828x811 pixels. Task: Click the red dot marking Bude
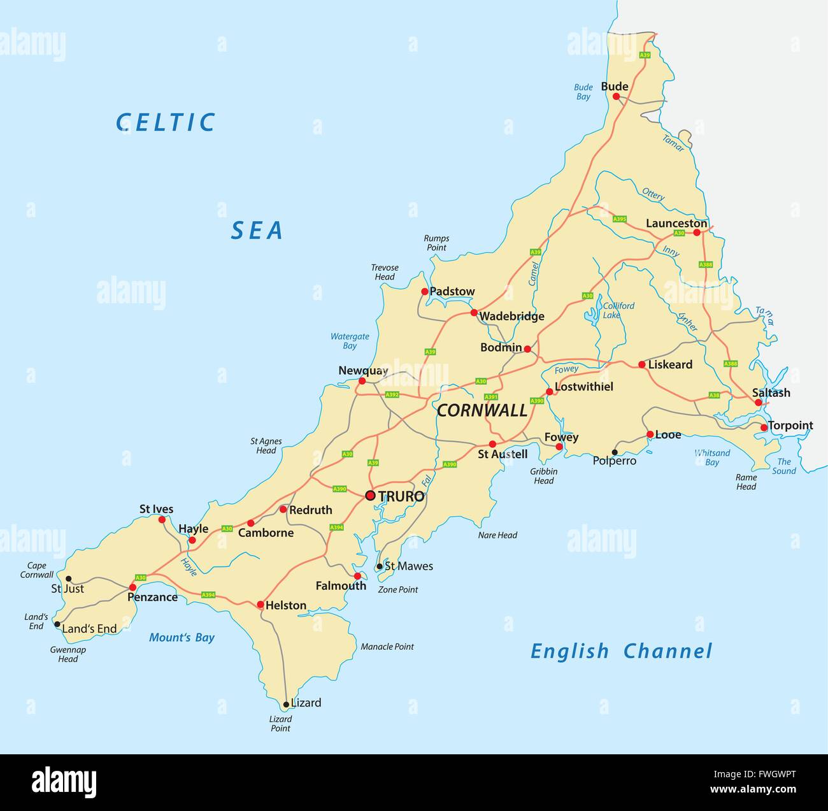pos(616,96)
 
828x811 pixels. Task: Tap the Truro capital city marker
pos(370,496)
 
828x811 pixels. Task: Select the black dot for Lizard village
pos(286,705)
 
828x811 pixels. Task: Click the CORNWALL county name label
pos(482,411)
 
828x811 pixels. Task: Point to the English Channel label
pos(621,651)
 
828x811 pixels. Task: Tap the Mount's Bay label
pos(182,638)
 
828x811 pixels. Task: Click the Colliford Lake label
pos(618,310)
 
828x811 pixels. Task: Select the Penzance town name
pos(152,598)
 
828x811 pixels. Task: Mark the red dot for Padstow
pos(425,291)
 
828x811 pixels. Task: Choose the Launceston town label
pos(676,224)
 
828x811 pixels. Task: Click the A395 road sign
pos(620,219)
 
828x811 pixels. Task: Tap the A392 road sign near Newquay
pos(392,395)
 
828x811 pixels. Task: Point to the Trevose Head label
pos(385,272)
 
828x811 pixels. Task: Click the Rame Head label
pos(746,482)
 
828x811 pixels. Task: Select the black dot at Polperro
pos(615,452)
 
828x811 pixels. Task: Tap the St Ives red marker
pos(162,519)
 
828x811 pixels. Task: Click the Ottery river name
pos(653,194)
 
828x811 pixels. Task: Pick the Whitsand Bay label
pos(712,457)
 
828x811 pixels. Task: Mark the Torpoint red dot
pos(764,427)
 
